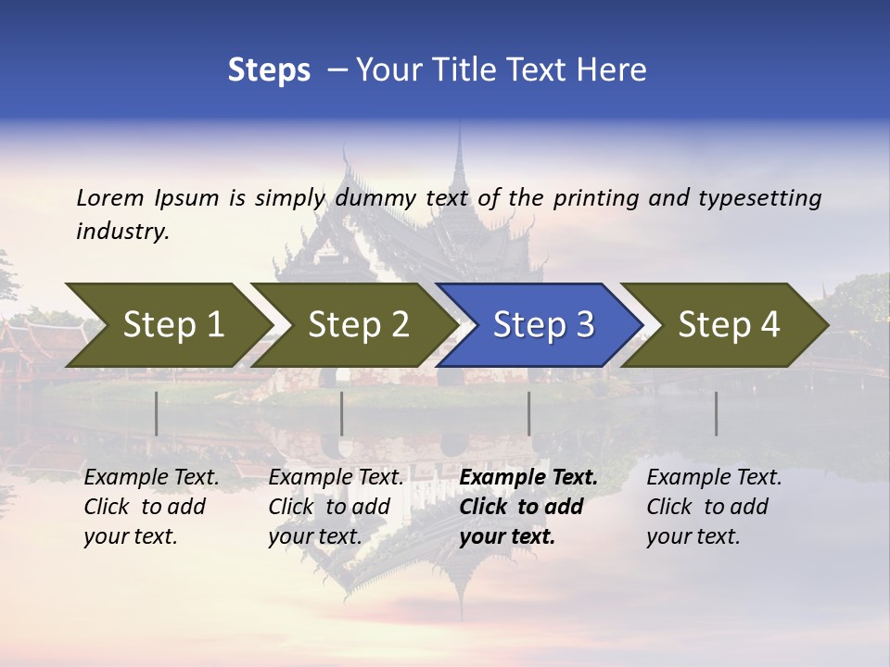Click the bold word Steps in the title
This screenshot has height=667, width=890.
tap(269, 70)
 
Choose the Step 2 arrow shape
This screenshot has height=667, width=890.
tap(352, 325)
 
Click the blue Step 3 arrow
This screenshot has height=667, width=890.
tap(538, 325)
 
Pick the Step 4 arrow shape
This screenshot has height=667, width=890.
tap(723, 325)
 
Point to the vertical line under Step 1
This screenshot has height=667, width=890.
tap(156, 413)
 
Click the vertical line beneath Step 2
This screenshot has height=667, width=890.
tap(342, 413)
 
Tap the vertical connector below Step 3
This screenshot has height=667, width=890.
tap(528, 413)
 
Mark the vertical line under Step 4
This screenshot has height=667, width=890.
tap(716, 413)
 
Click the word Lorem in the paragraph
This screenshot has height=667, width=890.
tap(110, 197)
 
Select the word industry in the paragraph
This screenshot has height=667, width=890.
tap(121, 232)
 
